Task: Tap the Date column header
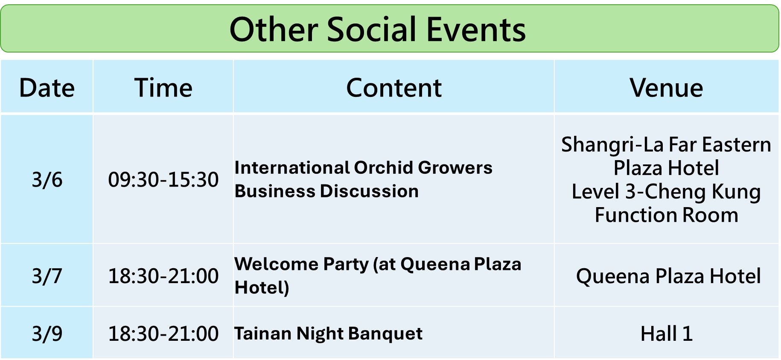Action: click(x=47, y=88)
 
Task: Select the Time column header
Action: click(x=163, y=88)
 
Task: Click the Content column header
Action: click(x=393, y=88)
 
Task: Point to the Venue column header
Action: click(x=666, y=88)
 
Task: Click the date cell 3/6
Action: click(x=47, y=179)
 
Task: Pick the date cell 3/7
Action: click(x=47, y=276)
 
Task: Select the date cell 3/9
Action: click(x=47, y=334)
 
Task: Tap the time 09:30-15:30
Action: click(x=163, y=179)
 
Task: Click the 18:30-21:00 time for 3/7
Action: click(x=163, y=276)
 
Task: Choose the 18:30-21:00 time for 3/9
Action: click(x=163, y=334)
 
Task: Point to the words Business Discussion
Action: click(x=326, y=191)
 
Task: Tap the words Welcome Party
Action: click(x=301, y=265)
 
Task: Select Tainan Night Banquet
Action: click(x=328, y=334)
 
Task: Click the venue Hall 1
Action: click(x=666, y=334)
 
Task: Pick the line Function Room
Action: click(x=666, y=215)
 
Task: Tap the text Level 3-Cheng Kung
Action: click(x=666, y=192)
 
